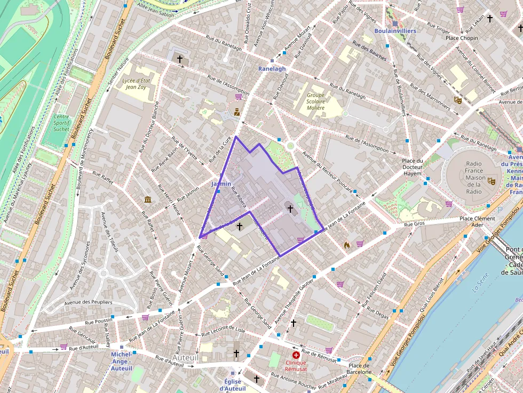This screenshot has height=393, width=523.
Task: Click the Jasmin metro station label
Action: point(221,183)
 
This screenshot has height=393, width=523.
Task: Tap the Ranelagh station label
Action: point(272,69)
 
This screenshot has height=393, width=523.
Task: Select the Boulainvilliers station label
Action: point(395,31)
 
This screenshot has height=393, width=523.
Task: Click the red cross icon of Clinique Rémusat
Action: point(296,355)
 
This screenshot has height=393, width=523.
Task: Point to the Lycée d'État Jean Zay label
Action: point(134,84)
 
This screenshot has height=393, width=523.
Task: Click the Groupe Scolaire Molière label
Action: point(315,101)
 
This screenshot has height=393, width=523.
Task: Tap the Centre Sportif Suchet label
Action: point(61,123)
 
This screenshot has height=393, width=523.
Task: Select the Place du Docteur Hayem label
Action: point(413,167)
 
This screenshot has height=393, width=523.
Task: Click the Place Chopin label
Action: point(462,38)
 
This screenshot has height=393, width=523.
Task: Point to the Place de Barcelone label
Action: point(359,368)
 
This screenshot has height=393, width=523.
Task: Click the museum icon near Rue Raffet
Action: point(148,199)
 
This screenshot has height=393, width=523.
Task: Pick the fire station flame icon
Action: point(347,245)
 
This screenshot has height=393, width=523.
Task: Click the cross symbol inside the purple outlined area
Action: point(290,208)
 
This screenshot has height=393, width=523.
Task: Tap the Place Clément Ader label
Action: point(477,221)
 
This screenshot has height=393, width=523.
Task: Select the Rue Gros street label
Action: point(414,224)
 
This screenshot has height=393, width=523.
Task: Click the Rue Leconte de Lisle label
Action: point(223,331)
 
